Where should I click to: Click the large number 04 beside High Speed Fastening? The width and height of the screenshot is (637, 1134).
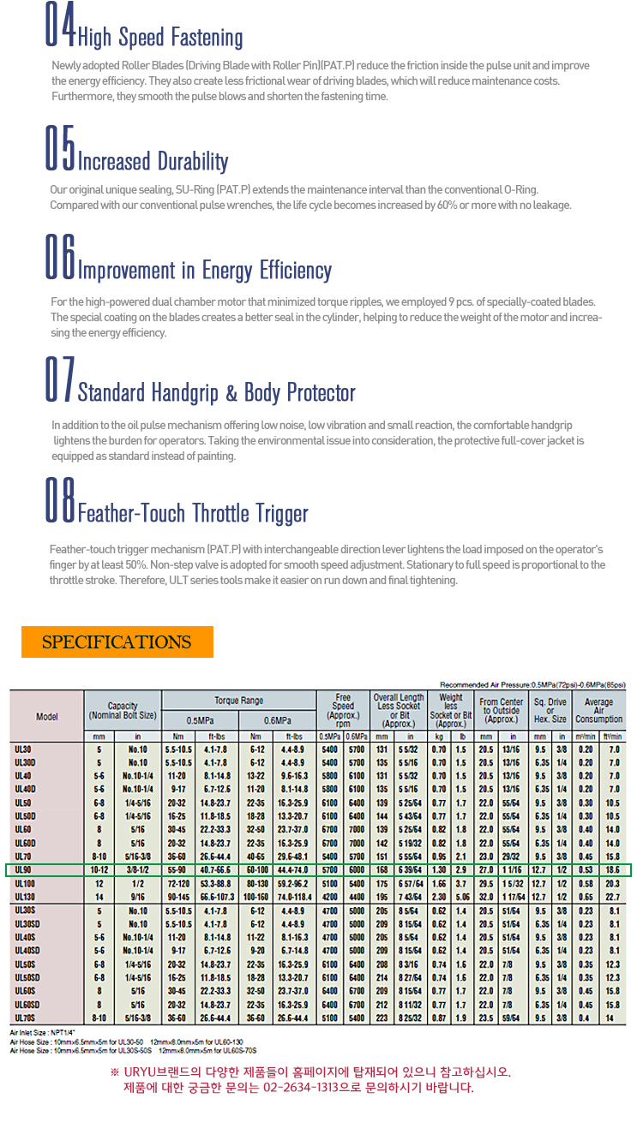60,27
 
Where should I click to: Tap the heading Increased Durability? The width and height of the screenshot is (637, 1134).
153,161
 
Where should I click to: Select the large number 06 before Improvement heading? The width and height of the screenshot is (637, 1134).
60,257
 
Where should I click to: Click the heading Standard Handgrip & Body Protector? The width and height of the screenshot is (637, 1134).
216,393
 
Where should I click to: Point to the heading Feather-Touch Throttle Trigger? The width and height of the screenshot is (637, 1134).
193,513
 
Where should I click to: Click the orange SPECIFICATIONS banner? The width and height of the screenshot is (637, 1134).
117,642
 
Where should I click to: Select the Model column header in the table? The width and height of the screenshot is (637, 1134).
46,716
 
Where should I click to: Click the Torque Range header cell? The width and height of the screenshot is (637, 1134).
239,700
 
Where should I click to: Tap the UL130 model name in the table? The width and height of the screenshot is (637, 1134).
26,895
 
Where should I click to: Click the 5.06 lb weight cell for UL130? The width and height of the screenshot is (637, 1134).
462,895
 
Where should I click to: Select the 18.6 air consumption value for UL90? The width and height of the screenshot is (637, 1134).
613,870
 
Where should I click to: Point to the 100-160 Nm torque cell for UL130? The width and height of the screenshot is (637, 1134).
257,895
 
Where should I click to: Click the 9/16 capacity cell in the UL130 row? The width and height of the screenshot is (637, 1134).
137,895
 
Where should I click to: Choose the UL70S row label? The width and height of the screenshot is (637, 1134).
26,1017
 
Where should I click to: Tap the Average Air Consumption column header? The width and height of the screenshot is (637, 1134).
598,711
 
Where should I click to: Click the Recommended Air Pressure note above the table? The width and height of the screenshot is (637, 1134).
532,685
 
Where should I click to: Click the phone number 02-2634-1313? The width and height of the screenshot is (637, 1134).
341,1088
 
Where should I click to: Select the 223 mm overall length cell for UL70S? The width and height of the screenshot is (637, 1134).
382,1017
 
